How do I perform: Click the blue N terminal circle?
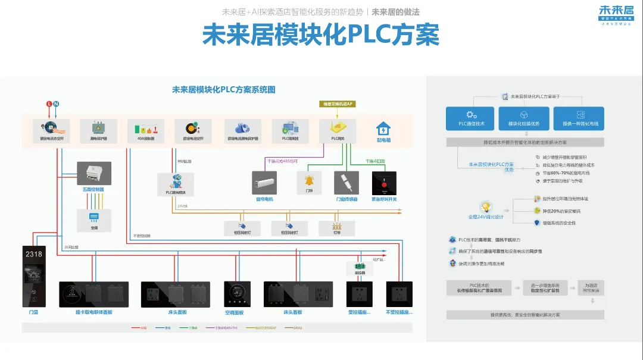click(57, 104)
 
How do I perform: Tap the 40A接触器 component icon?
click(146, 127)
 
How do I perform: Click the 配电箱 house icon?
click(383, 129)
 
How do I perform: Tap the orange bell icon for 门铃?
click(309, 180)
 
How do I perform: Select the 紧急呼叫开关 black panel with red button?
click(384, 183)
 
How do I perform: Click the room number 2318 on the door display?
click(34, 254)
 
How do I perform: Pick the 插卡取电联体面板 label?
click(94, 312)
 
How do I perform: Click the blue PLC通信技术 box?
click(471, 118)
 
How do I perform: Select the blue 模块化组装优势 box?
click(524, 118)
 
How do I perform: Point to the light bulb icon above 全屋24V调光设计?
click(486, 207)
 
